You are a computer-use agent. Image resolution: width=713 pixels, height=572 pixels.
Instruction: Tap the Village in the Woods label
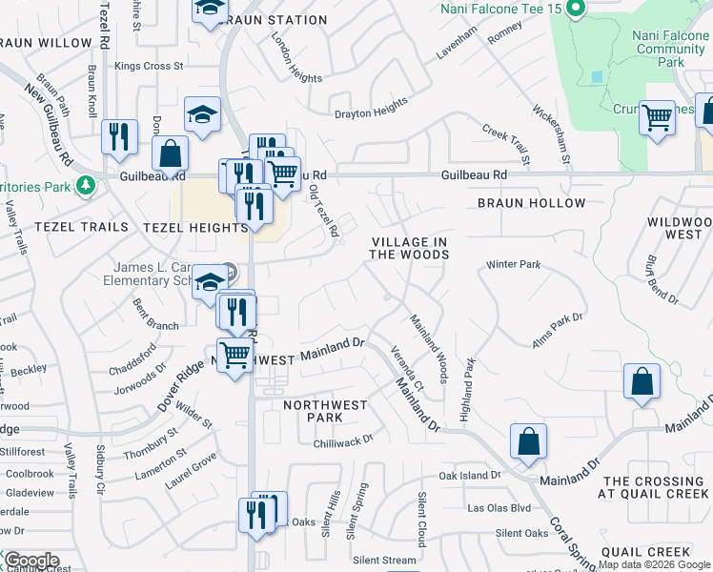(x=409, y=249)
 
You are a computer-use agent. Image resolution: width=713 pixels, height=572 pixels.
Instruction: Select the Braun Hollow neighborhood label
(x=532, y=204)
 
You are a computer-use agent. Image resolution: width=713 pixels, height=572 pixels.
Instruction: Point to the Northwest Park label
(x=326, y=412)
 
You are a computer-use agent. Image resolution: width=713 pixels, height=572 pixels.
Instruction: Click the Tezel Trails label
(x=81, y=227)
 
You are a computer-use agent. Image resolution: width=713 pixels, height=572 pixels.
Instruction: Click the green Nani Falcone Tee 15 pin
(x=575, y=10)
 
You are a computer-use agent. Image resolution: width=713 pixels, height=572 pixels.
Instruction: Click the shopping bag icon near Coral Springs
(x=528, y=441)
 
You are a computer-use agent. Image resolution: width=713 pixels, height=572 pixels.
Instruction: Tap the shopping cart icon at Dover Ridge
(x=234, y=356)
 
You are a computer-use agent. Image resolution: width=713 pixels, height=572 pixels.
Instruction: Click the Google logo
(x=31, y=561)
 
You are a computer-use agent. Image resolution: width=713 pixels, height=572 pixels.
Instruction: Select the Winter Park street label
(x=513, y=264)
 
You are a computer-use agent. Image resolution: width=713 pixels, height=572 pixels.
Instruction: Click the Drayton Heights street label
(x=371, y=112)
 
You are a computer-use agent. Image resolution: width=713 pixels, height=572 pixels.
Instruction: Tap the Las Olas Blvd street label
(x=499, y=507)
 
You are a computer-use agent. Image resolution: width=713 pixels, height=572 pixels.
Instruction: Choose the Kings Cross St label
(x=149, y=66)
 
